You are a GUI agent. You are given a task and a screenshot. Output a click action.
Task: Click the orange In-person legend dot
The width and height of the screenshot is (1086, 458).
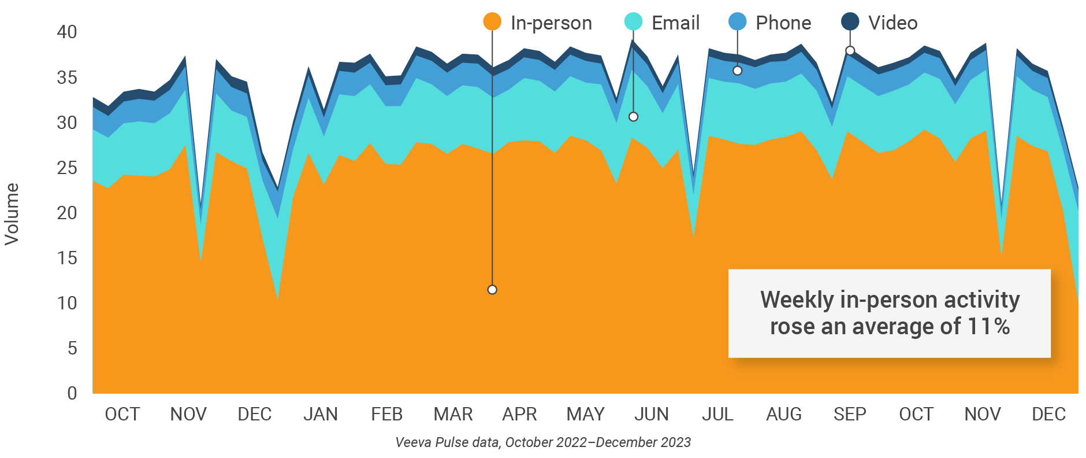pos(492,22)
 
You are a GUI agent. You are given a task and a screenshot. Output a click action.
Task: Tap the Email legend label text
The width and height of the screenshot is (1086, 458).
pos(675,23)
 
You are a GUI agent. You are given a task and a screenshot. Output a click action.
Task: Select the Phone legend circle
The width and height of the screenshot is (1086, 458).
pos(738,22)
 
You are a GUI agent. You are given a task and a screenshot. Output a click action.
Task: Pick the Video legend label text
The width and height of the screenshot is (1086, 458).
pos(892,23)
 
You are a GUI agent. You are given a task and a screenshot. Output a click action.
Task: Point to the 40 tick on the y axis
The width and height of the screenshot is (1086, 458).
pos(67,32)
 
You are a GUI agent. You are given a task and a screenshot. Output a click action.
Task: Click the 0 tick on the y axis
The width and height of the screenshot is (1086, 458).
pos(72,393)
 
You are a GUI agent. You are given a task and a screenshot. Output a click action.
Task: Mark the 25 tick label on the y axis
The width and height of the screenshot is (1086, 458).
pos(67,168)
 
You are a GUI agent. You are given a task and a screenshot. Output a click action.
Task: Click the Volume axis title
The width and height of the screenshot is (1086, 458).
pos(12,214)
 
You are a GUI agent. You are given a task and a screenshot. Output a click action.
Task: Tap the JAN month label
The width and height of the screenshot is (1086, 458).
pos(321,414)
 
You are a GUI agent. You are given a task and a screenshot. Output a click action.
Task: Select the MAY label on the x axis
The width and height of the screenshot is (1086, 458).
pos(585,414)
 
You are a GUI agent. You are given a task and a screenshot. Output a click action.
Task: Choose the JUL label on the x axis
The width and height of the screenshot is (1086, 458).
pos(717,414)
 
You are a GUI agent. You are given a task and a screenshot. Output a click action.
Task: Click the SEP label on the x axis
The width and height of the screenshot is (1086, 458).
pos(850,414)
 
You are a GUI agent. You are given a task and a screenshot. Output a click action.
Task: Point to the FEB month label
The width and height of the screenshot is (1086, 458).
pos(386,414)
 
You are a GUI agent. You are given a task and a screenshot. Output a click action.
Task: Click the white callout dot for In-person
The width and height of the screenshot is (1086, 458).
pos(492,290)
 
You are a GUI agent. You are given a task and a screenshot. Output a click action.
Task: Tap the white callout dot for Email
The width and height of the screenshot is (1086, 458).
pos(633,117)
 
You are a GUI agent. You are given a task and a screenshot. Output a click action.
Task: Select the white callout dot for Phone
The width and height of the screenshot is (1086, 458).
pos(738,71)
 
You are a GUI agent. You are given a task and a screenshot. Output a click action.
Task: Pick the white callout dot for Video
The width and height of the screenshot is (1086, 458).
pos(850,51)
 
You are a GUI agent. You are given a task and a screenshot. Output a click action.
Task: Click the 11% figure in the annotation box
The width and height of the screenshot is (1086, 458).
pos(988,327)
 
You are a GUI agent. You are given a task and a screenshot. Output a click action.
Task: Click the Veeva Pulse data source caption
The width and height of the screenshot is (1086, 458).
pos(543,442)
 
